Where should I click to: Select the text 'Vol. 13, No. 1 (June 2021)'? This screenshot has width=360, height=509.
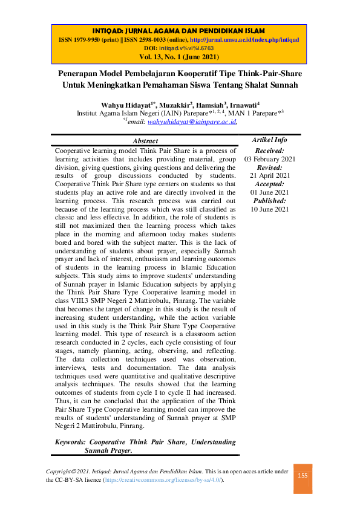tap(179, 57)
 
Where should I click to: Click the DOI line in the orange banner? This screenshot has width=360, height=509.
tap(179, 48)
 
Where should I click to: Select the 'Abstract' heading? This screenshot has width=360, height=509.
tap(145, 141)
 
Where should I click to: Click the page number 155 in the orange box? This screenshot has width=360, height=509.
tap(303, 476)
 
